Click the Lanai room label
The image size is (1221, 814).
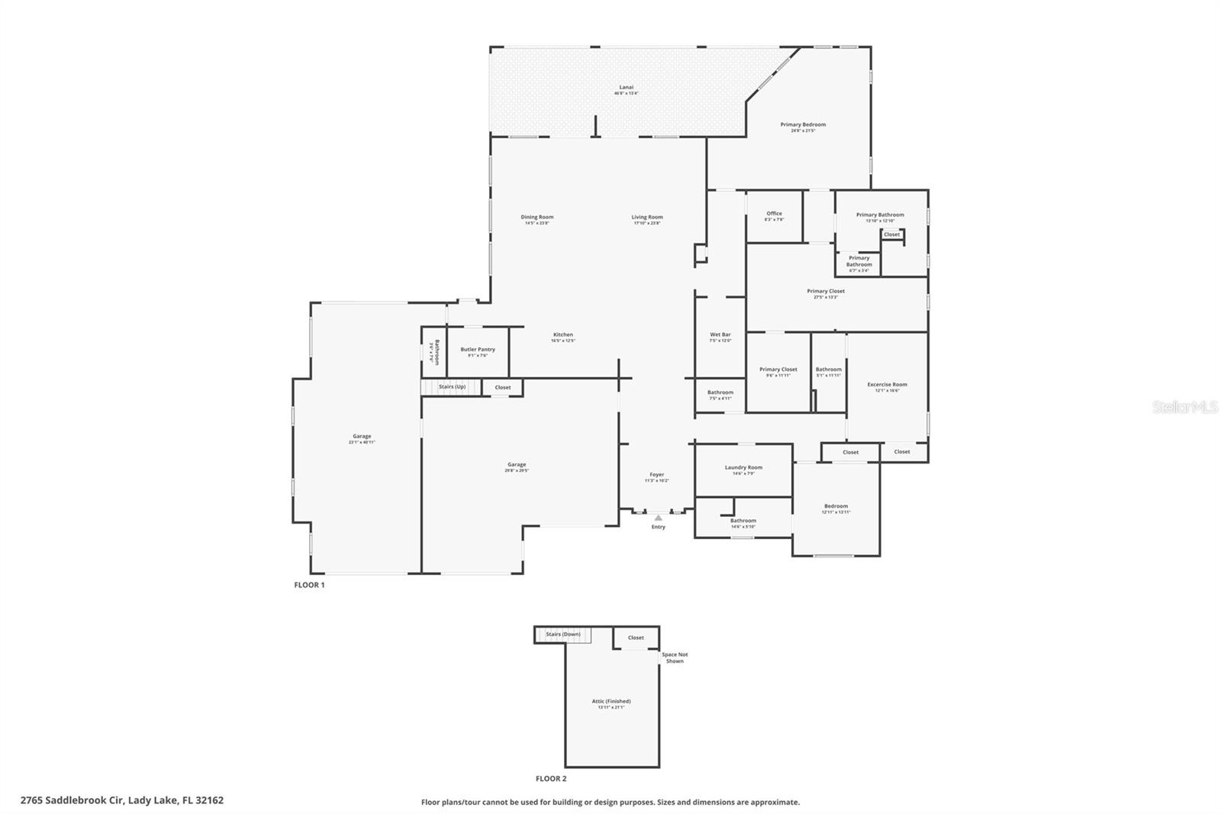(626, 89)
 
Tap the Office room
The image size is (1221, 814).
(774, 216)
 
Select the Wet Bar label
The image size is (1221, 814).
(720, 336)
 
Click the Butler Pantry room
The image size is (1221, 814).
(478, 351)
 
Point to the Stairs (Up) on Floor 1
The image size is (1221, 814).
(452, 387)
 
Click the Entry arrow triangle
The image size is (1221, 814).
(658, 518)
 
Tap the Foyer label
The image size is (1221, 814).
(656, 476)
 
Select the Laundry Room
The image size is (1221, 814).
(743, 470)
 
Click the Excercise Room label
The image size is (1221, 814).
(887, 386)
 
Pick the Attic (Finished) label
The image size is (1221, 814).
(611, 703)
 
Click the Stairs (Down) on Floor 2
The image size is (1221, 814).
(563, 635)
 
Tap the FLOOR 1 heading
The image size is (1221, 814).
(309, 585)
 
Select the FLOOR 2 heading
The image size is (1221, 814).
(551, 779)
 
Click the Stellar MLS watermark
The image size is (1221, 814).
(1184, 407)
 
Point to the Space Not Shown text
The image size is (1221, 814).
(675, 657)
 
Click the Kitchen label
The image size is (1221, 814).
(562, 337)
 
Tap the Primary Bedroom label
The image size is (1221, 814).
(803, 127)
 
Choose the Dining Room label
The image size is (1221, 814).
(536, 219)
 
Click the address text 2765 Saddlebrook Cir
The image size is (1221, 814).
(122, 800)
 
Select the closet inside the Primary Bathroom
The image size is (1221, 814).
(891, 234)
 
